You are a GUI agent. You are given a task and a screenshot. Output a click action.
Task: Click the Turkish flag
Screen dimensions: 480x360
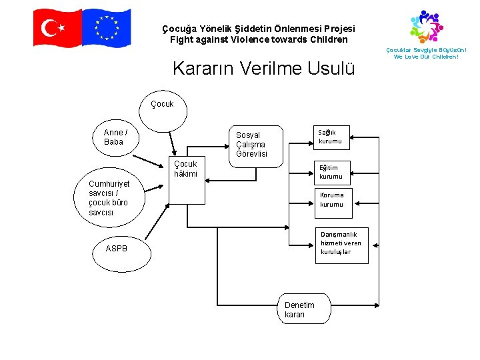57,28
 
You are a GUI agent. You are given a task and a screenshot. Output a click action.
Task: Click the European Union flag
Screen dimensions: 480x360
107,28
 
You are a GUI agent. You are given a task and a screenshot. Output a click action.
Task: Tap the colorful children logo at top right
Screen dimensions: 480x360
426,26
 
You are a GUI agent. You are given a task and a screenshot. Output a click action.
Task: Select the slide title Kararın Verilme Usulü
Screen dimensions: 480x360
263,69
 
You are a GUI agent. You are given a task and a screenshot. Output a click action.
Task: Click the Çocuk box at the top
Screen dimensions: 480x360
162,104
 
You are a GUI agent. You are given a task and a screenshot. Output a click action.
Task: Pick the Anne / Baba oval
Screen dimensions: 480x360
115,137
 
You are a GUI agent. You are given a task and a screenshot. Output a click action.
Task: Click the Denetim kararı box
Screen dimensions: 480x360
303,309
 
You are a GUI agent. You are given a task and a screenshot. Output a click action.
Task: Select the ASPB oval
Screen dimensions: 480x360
116,249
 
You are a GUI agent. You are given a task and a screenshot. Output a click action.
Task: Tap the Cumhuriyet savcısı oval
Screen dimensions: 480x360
109,198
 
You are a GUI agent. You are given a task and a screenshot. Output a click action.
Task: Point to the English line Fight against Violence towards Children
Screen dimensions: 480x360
259,40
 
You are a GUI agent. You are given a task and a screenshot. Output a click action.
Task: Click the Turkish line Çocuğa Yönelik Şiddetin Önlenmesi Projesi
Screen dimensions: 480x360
259,29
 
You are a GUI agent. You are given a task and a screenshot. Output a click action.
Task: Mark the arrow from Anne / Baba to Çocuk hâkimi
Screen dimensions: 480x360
153,163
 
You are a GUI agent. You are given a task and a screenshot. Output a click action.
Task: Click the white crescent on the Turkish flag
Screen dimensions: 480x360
49,28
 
